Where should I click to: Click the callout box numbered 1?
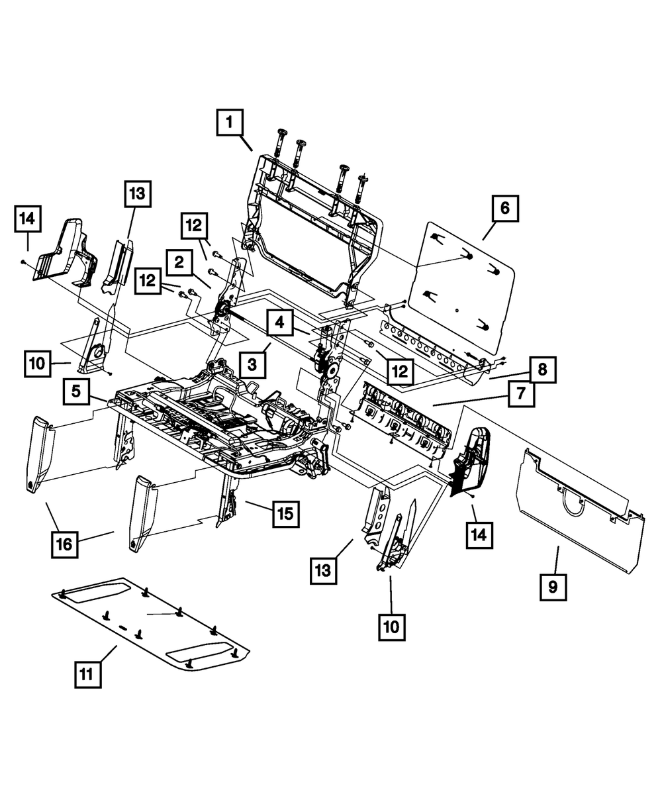click(x=230, y=122)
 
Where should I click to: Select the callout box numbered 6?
click(x=504, y=208)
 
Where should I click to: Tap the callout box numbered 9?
click(x=553, y=587)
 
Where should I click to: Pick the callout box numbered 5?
click(x=77, y=392)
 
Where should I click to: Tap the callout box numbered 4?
click(x=280, y=324)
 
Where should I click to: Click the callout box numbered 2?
click(x=179, y=262)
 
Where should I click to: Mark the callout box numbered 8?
click(x=542, y=370)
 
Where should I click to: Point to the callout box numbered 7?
click(x=521, y=394)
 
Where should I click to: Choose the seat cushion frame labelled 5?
click(x=218, y=424)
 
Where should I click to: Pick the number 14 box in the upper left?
click(x=28, y=219)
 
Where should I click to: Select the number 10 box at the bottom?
click(x=391, y=626)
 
